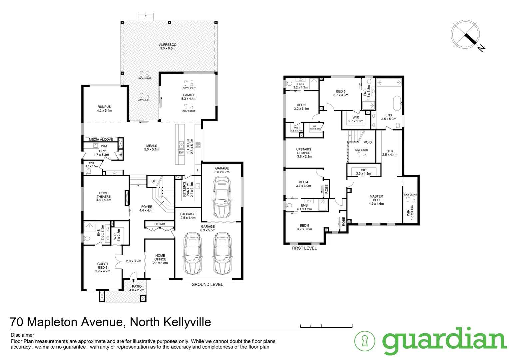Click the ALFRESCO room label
168,45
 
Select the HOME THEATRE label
104,195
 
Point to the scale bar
326,326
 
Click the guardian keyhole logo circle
364,341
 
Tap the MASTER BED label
376,198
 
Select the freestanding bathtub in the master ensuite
397,103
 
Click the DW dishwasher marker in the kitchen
181,153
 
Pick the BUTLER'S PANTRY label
186,189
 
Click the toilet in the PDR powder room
89,171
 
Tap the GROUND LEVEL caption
207,284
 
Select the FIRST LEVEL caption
304,248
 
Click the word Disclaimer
22,335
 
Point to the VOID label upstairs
367,142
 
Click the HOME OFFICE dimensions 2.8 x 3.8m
160,263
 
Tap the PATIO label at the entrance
137,286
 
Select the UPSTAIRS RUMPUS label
304,151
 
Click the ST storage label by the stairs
154,181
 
